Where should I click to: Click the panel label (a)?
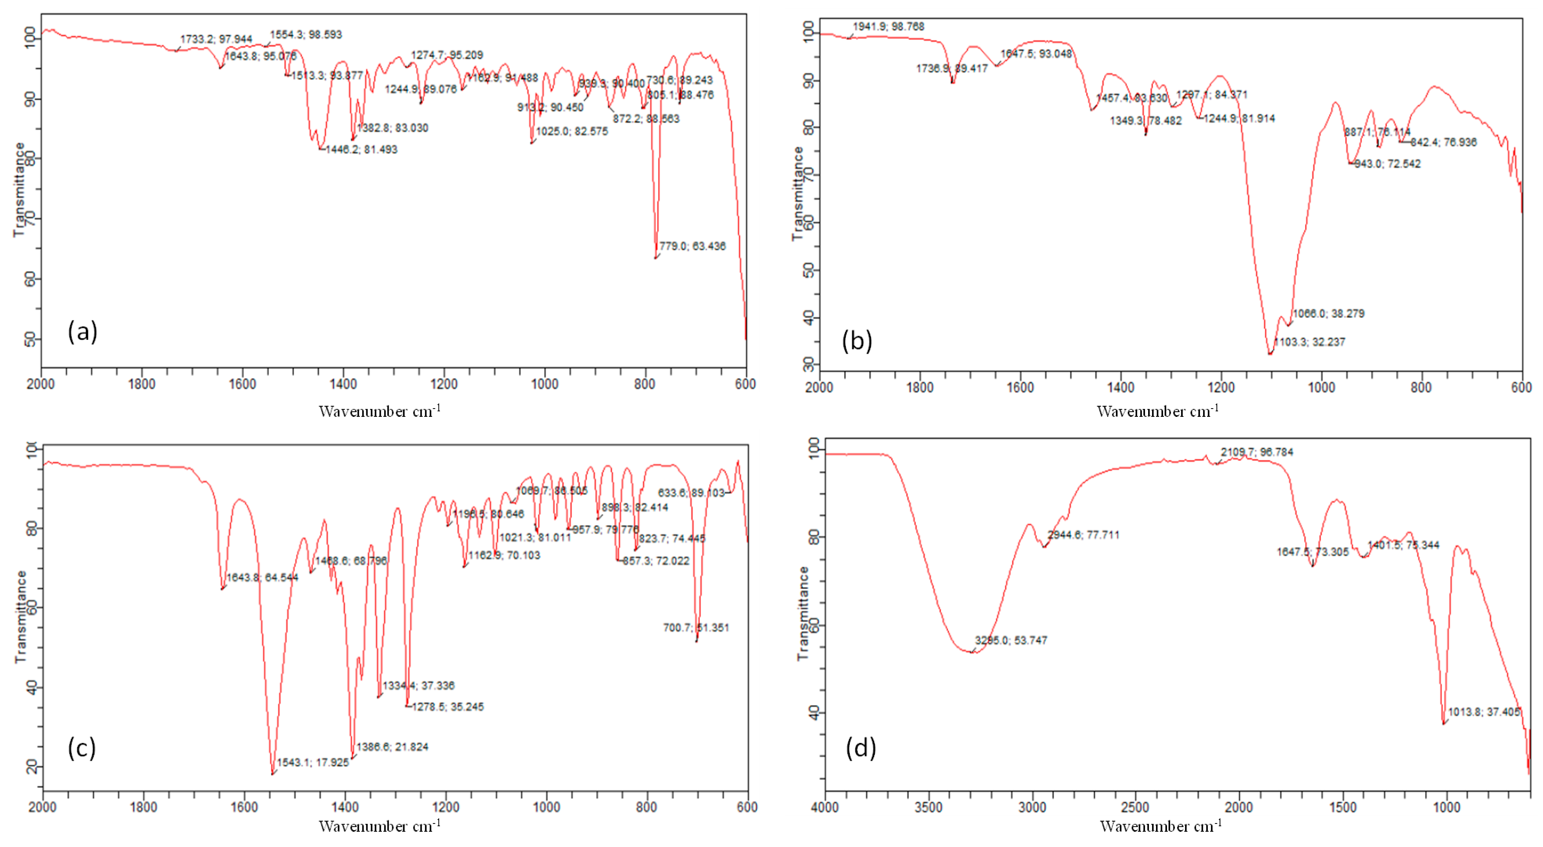(82, 331)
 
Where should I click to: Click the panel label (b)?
(856, 341)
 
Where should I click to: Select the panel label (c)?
(82, 748)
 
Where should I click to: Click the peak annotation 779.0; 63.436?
(692, 246)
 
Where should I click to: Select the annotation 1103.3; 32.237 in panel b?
(1309, 342)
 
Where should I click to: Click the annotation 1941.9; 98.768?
(888, 26)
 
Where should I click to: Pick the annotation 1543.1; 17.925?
(313, 763)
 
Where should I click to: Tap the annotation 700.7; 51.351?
(696, 628)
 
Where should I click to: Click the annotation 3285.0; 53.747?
(1011, 640)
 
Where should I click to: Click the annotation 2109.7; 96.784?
(1257, 452)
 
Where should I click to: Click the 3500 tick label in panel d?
(928, 807)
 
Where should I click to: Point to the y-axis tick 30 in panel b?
(809, 364)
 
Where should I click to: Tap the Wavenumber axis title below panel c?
(379, 826)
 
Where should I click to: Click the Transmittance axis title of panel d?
(803, 613)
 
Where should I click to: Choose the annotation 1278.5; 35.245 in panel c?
(447, 707)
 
